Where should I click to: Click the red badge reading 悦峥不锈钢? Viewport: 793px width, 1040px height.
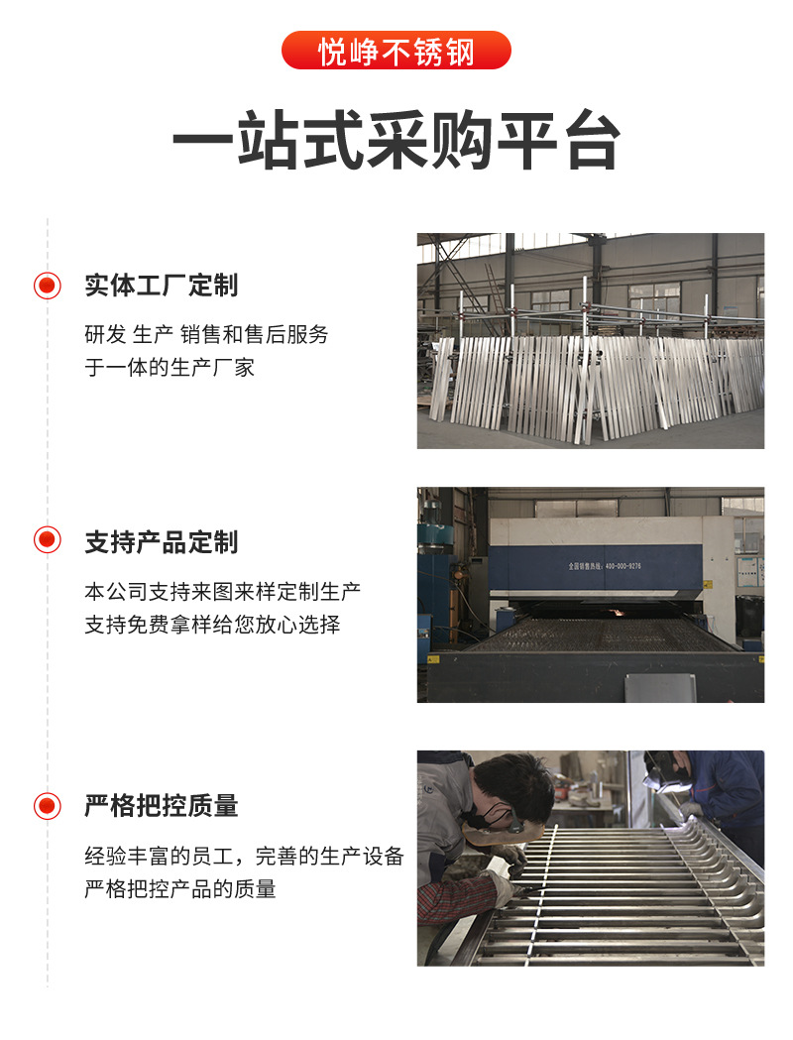pos(396,51)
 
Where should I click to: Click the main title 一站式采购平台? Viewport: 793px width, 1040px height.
pos(396,141)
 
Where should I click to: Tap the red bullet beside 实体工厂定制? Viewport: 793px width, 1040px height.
pos(47,286)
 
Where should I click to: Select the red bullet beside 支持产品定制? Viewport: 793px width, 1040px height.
pos(47,540)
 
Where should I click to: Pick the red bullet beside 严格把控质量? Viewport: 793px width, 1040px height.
pos(47,806)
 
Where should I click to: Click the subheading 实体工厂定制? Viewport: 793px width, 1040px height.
pos(162,286)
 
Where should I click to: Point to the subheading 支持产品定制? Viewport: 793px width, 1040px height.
pos(162,542)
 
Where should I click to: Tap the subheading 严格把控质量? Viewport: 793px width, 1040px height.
pos(162,806)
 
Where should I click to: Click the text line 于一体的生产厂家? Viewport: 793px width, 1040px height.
pos(170,367)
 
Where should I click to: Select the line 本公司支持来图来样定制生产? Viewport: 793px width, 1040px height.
pos(222,591)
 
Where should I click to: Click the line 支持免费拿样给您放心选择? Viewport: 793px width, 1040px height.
pos(212,625)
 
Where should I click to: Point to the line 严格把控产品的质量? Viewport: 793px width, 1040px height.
pos(179,888)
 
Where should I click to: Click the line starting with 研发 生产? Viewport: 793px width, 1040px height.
pos(206,334)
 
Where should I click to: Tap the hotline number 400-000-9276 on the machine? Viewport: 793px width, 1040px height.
pos(623,566)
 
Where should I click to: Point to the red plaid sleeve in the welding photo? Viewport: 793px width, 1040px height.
pos(455,899)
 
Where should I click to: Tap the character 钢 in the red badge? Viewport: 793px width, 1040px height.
pos(459,52)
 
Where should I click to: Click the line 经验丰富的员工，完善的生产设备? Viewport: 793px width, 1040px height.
pos(244,856)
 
